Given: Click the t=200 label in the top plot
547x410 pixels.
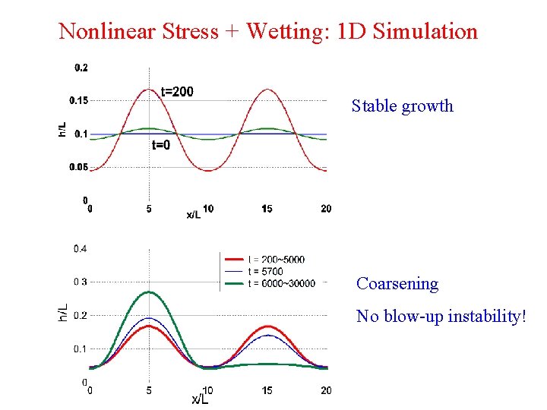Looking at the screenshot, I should [177, 92].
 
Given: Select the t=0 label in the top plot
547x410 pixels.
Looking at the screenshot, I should [160, 145].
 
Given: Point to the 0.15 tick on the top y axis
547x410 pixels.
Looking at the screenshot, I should [78, 100].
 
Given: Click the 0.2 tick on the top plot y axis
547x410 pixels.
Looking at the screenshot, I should [81, 68].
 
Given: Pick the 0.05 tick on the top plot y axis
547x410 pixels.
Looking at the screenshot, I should [78, 167].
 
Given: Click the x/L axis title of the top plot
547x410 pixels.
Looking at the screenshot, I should [194, 215].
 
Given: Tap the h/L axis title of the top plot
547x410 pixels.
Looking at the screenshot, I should [62, 129].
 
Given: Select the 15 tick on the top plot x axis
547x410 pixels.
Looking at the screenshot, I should [267, 209].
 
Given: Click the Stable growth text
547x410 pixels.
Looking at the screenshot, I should [402, 106].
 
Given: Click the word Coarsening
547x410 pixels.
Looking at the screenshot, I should [397, 284].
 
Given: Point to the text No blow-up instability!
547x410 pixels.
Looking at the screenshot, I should [441, 316].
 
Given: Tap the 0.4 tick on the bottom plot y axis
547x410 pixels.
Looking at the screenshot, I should [80, 248].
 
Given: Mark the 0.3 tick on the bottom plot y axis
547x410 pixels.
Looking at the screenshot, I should [80, 282].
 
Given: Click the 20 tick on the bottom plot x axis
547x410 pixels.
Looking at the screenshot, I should [325, 390].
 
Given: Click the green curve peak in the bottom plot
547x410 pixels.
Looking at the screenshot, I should [150, 292].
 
